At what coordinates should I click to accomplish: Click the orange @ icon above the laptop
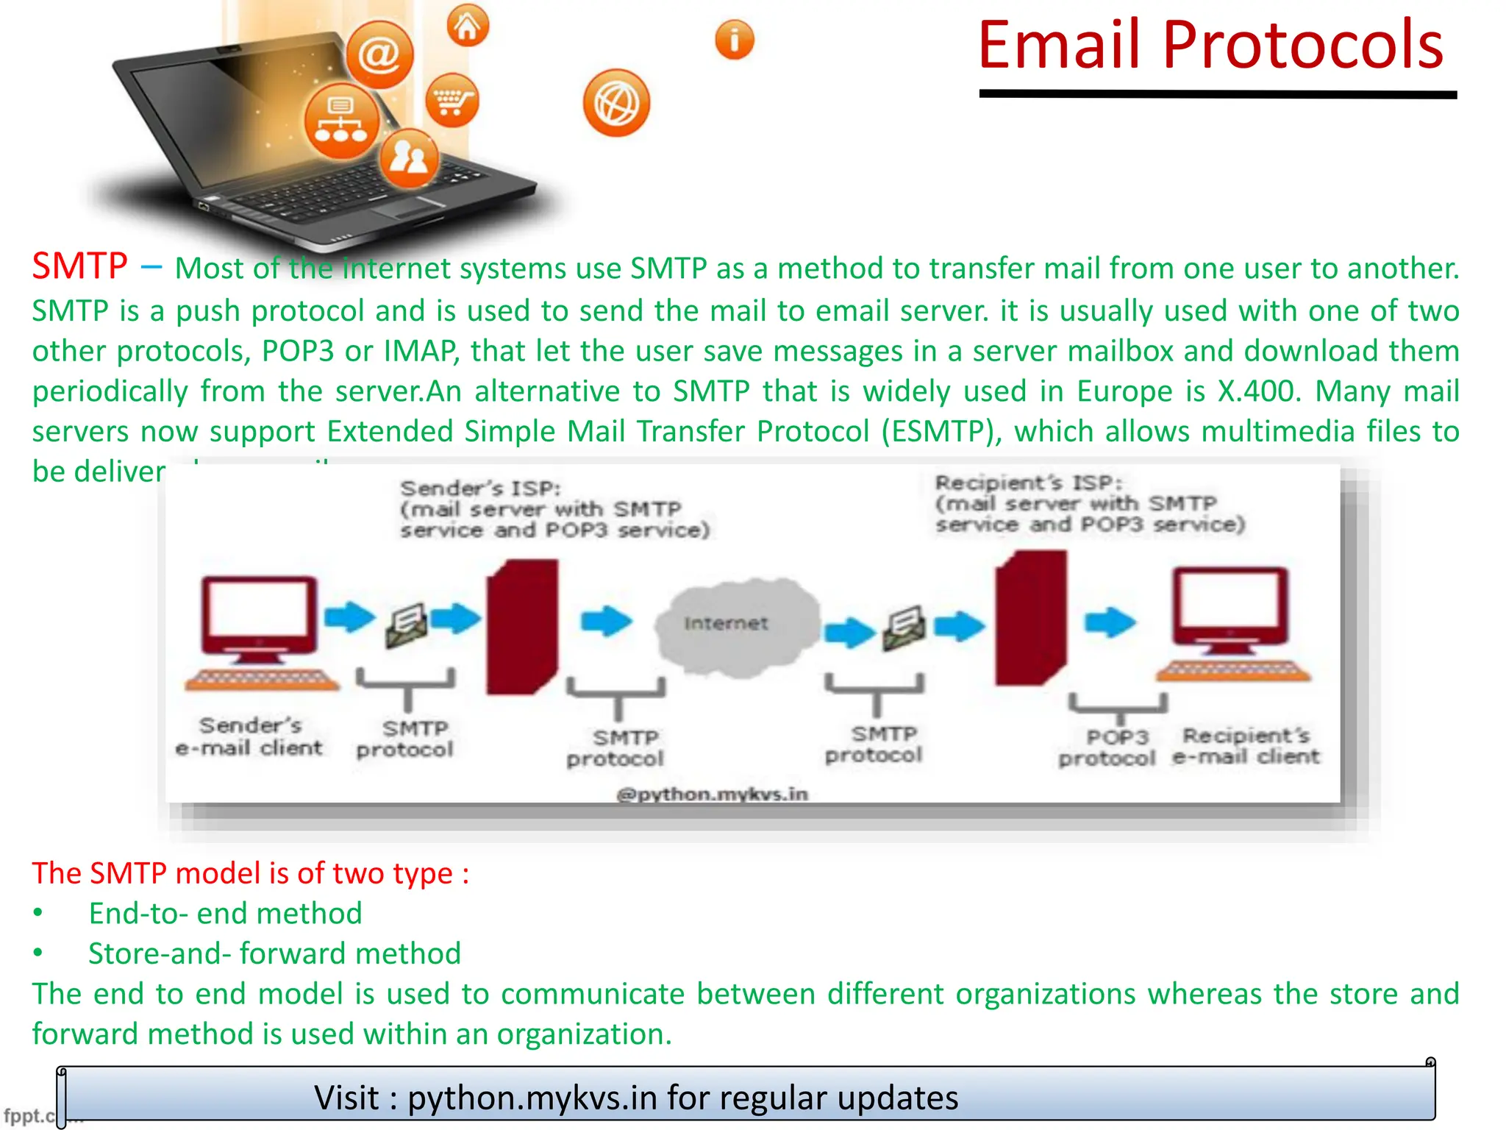pos(379,54)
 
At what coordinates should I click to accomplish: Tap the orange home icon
pos(468,26)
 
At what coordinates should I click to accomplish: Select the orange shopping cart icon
pos(452,100)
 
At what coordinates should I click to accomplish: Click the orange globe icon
pos(616,104)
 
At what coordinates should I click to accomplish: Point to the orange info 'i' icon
pos(734,39)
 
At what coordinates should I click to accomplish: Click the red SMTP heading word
pos(79,266)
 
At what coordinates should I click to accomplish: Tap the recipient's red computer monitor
pos(1230,605)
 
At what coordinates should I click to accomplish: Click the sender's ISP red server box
pos(521,627)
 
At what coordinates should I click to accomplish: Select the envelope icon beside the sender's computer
pos(407,625)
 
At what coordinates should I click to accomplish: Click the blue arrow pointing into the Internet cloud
pos(606,621)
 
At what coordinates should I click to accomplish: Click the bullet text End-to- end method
pos(225,913)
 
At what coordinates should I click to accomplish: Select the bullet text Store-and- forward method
pos(274,953)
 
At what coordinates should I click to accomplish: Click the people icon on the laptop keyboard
pos(409,156)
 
